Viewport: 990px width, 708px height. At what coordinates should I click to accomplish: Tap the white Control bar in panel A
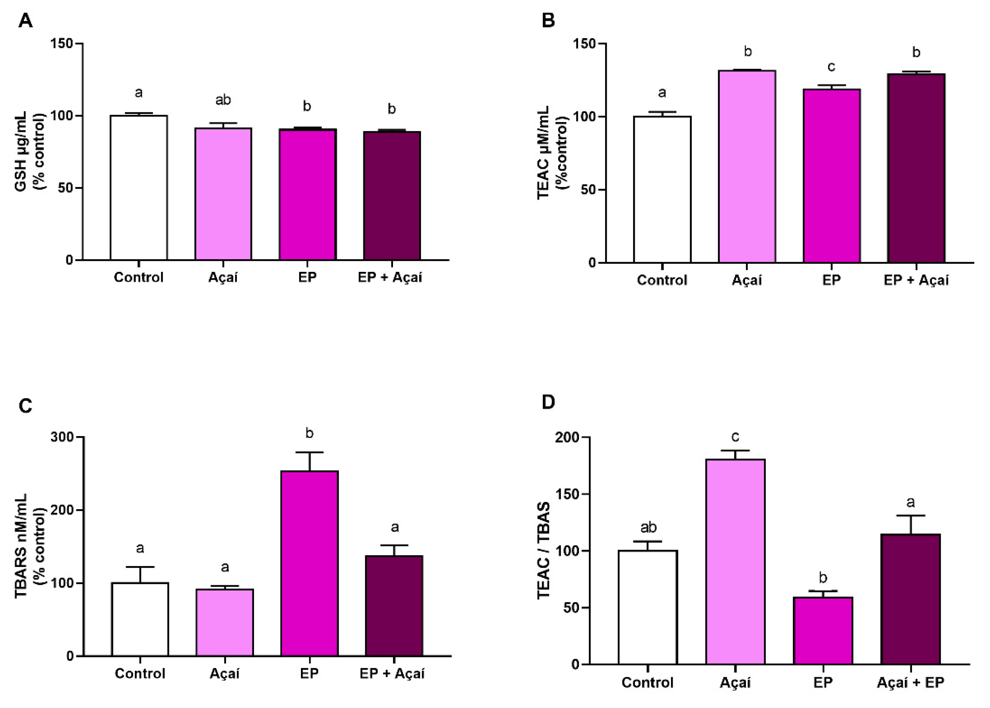(139, 187)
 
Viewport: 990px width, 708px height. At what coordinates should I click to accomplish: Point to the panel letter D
(548, 401)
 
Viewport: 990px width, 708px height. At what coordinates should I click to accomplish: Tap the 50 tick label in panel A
(65, 188)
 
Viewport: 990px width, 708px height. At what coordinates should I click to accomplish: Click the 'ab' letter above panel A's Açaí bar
(223, 100)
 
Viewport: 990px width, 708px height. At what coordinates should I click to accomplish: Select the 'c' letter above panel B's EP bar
(831, 67)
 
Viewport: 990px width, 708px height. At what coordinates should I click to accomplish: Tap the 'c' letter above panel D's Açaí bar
(735, 436)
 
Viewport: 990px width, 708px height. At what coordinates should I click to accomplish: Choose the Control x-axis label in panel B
(662, 280)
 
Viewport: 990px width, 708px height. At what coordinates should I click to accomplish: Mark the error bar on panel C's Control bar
(140, 574)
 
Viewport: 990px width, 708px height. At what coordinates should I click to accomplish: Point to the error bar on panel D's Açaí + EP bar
(911, 525)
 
